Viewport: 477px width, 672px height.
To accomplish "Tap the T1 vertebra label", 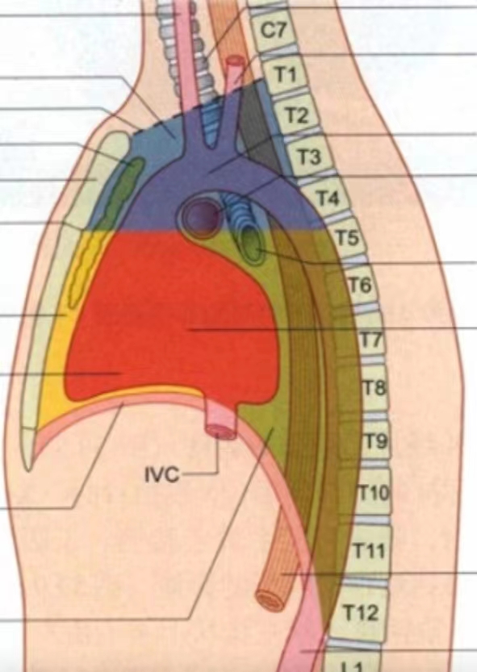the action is [x=285, y=74].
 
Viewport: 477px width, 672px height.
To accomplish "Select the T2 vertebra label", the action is [x=297, y=115].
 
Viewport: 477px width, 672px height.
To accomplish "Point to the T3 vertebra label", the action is [x=309, y=157].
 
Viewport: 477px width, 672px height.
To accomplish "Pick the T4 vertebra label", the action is [x=328, y=198].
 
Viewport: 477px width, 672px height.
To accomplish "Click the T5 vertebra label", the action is [x=346, y=238].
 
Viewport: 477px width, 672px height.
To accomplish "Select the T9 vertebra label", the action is [x=376, y=441].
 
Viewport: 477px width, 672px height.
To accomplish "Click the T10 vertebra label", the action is [x=374, y=493].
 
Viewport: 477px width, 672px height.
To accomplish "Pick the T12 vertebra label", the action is [x=361, y=613].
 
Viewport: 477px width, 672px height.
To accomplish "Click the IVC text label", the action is [x=161, y=476].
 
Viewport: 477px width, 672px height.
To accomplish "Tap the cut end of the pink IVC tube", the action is [x=220, y=431].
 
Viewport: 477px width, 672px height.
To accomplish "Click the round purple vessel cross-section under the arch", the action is [x=199, y=215].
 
